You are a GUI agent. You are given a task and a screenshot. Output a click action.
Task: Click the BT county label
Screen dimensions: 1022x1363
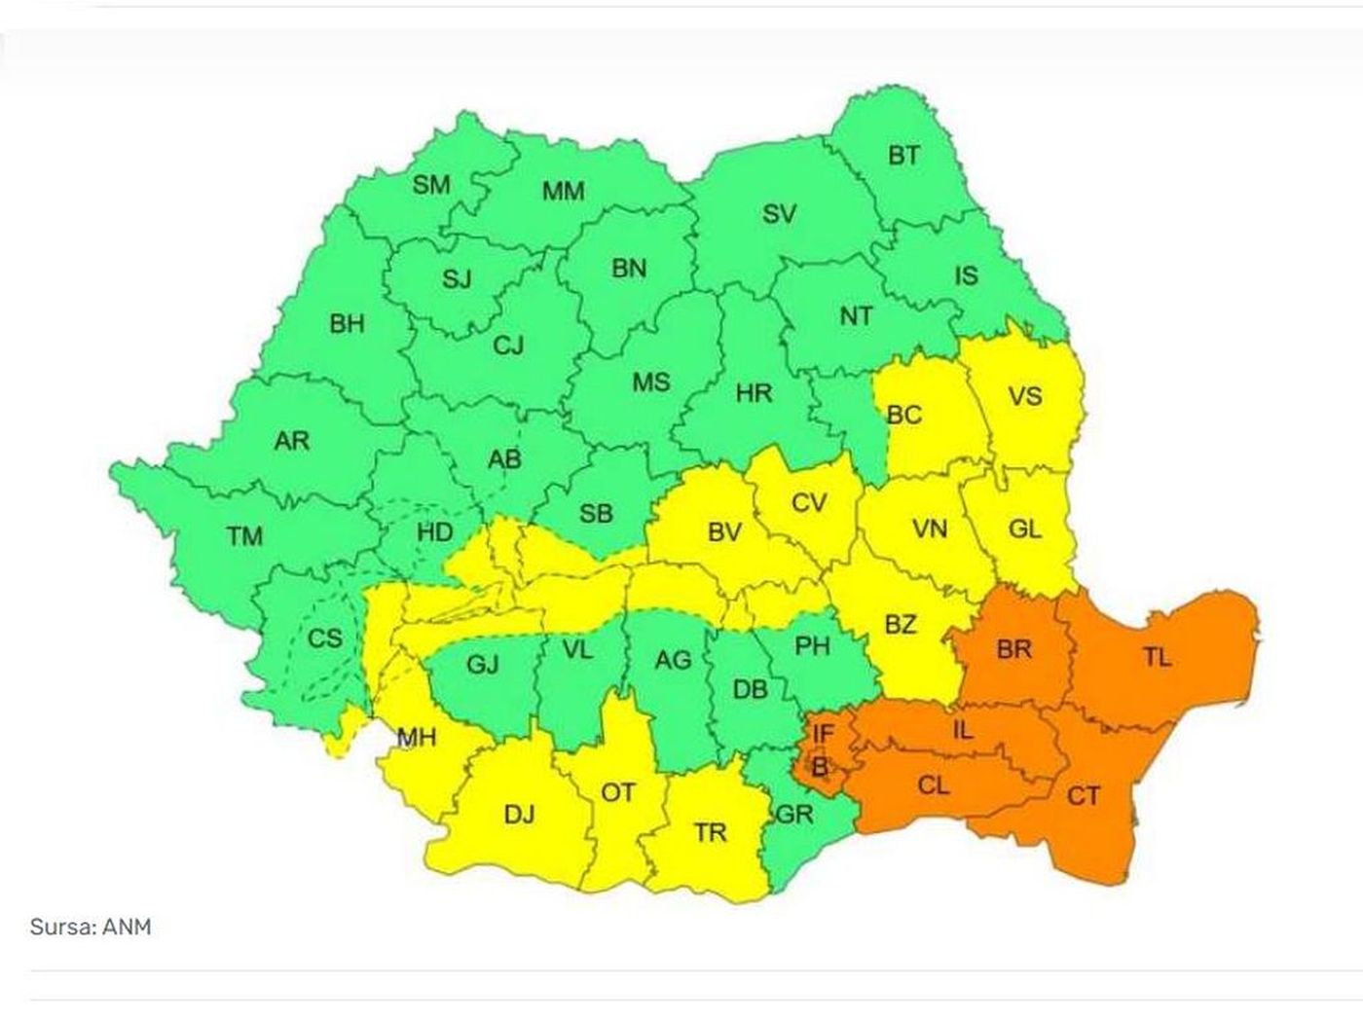pos(903,155)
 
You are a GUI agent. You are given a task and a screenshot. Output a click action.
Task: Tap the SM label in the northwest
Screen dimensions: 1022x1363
pos(431,185)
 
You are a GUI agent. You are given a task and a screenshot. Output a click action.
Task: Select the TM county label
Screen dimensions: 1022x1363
pos(244,535)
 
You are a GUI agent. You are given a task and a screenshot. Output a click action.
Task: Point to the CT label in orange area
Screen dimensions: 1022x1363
pos(1083,796)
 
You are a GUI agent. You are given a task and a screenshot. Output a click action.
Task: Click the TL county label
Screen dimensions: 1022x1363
pos(1157,658)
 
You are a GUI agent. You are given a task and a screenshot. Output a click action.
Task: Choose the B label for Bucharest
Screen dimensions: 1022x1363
pos(820,767)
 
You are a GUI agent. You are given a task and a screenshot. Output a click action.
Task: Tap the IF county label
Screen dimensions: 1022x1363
pos(823,732)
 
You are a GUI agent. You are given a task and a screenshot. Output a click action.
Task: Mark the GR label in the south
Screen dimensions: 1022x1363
pos(793,814)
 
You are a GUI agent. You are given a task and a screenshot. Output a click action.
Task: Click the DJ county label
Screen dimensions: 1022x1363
pos(519,814)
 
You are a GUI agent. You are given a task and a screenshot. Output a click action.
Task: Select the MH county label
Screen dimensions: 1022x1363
pos(417,738)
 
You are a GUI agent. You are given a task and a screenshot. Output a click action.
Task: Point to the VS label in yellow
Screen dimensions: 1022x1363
pos(1024,396)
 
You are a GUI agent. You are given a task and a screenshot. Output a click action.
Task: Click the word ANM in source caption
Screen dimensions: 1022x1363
pos(129,927)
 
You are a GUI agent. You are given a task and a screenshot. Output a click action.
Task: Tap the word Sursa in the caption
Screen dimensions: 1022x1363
pos(62,927)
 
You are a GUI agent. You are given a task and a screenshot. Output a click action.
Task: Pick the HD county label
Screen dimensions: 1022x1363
pos(434,532)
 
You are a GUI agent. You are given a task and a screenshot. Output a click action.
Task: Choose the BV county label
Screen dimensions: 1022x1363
pos(723,532)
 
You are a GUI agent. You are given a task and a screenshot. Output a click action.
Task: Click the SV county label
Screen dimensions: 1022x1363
pos(779,214)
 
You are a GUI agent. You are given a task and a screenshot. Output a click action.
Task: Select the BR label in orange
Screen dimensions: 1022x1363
pos(1013,649)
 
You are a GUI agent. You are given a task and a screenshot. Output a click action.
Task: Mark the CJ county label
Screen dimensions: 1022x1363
pos(508,345)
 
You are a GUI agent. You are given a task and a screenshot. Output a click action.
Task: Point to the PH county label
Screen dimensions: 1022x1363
pos(812,645)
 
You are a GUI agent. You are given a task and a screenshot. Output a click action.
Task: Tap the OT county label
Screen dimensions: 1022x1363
pos(617,793)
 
